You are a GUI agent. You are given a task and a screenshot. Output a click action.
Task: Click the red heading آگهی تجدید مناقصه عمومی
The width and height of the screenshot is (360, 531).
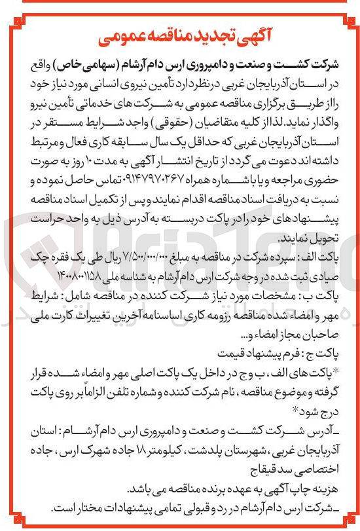(x=179, y=38)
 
